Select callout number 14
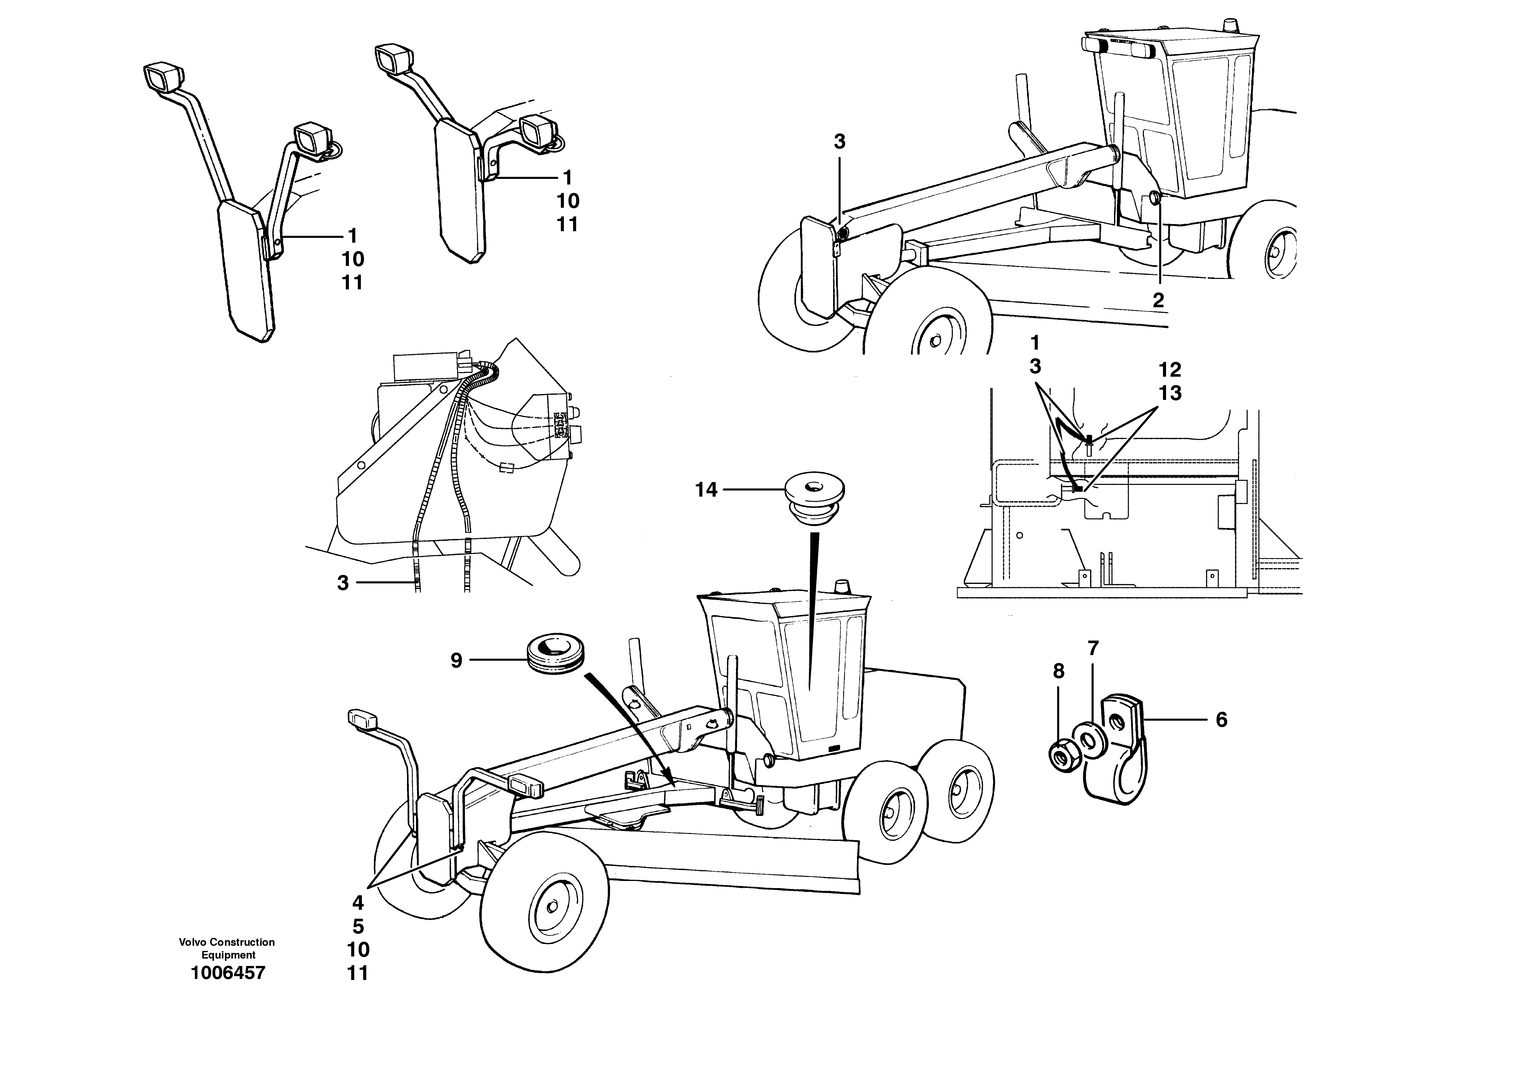(706, 490)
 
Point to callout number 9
(456, 660)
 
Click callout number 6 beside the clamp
(1221, 720)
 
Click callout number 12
(1170, 370)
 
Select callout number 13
(1170, 393)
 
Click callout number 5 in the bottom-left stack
(358, 926)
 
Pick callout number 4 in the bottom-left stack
(358, 903)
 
